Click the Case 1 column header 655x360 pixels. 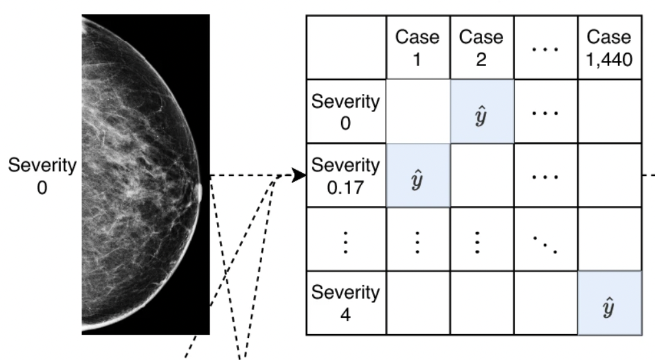pos(417,47)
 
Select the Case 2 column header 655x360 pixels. pos(482,47)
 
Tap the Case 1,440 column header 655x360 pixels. pos(609,47)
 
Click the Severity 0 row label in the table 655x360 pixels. pos(345,111)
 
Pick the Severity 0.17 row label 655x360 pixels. pos(345,175)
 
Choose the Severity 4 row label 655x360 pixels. pos(345,302)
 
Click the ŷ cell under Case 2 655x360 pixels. pos(482,111)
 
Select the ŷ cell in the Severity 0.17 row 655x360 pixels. pos(417,175)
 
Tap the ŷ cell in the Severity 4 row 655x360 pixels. pos(609,302)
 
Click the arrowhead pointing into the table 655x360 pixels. pos(300,175)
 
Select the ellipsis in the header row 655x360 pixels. pos(545,47)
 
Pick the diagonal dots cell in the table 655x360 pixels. pos(545,239)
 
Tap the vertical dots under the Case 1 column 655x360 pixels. pos(417,239)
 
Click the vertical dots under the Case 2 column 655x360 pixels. pos(482,239)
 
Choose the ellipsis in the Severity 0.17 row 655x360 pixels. pos(545,175)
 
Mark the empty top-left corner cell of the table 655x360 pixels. pos(345,47)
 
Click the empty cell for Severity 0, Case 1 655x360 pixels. pos(417,111)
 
